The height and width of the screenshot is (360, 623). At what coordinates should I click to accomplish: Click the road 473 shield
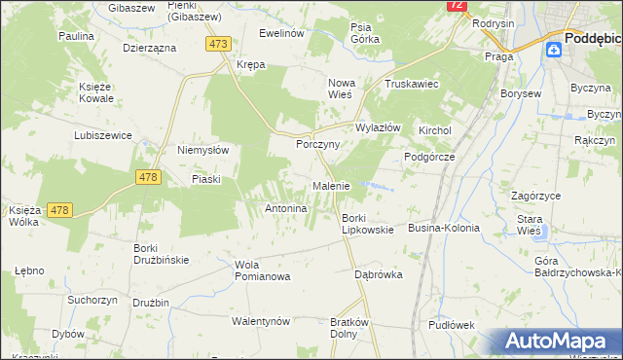coord(219,44)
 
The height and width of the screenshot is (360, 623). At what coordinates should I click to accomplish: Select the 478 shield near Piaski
coord(148,176)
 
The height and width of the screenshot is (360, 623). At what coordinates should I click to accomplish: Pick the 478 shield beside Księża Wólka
coord(58,210)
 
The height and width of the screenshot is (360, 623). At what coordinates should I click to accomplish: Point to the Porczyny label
coord(317,144)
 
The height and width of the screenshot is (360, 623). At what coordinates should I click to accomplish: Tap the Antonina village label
coord(287,208)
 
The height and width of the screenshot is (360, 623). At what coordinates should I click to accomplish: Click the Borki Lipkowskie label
coord(367,224)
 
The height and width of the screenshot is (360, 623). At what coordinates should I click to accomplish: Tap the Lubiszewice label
coord(102,135)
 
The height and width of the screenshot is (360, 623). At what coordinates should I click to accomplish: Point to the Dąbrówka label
coord(379,274)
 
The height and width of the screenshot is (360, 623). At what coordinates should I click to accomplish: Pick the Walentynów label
coord(261,321)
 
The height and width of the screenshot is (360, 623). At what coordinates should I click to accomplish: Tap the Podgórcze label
coord(429,157)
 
